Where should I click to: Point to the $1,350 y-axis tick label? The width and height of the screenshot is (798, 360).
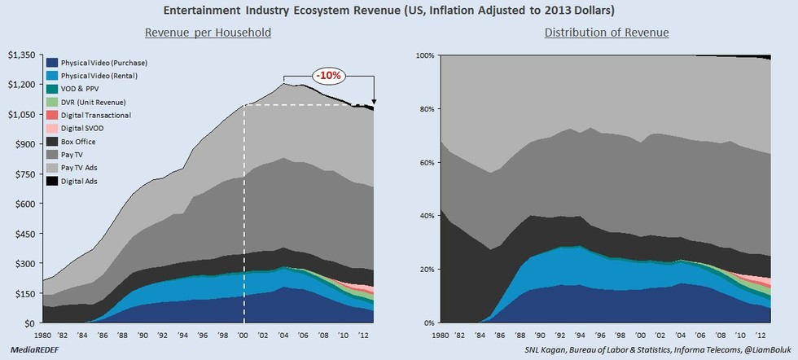(x=21, y=55)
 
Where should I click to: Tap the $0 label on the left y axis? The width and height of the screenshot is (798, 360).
(x=31, y=323)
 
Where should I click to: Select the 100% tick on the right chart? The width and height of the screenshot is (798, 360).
(x=426, y=55)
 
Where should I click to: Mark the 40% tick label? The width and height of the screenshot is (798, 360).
(x=428, y=216)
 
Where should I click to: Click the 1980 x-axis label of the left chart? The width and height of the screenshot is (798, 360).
(x=44, y=335)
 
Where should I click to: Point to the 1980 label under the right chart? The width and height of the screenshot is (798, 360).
(x=441, y=335)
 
